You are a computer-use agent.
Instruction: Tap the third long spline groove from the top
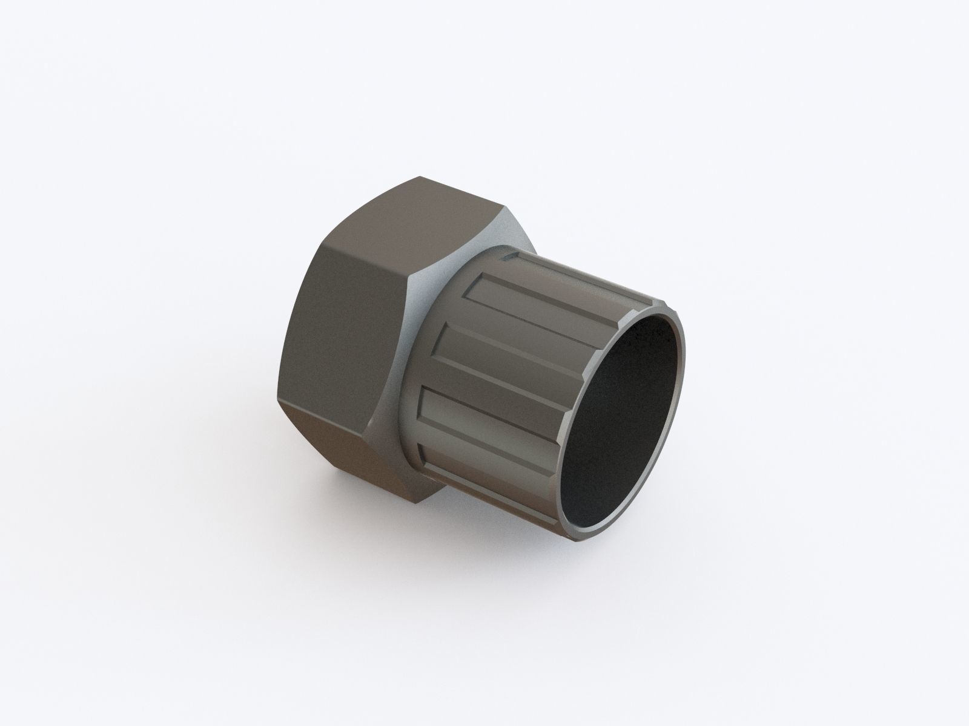484,411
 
